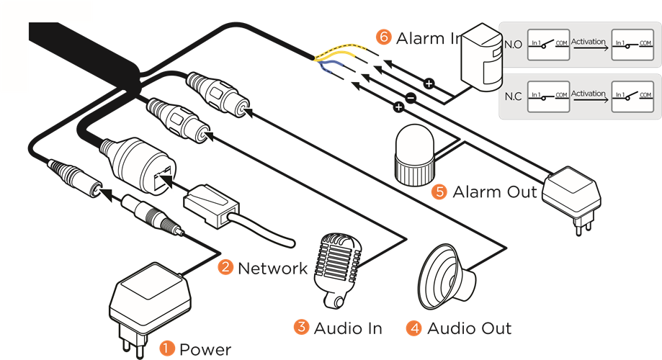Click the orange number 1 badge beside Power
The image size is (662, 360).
[x=167, y=348]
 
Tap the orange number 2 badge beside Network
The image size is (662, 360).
[x=226, y=268]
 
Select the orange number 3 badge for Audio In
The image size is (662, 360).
[x=301, y=327]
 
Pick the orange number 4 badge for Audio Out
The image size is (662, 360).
[x=413, y=328]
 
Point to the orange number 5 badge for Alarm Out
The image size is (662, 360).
[x=439, y=192]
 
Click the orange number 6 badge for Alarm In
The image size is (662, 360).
[x=383, y=37]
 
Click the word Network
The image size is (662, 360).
[x=272, y=269]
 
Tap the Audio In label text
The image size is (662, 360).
[x=347, y=328]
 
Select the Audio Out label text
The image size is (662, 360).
[x=469, y=328]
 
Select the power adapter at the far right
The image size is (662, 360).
[x=573, y=194]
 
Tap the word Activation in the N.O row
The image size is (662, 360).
[x=588, y=42]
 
